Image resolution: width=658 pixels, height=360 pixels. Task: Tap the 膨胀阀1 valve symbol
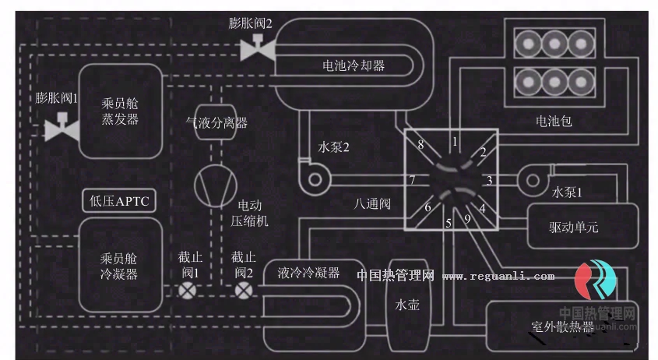click(60, 128)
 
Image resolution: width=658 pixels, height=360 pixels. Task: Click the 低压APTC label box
click(119, 201)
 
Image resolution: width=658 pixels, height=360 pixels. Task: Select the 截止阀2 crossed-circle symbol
click(244, 290)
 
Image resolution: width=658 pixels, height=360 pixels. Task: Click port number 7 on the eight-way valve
click(412, 181)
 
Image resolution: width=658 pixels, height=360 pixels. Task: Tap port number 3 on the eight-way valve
click(488, 181)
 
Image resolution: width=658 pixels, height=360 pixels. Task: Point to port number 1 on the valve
click(455, 141)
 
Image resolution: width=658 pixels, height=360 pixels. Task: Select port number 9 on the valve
click(466, 219)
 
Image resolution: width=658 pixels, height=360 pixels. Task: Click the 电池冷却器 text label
click(354, 65)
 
